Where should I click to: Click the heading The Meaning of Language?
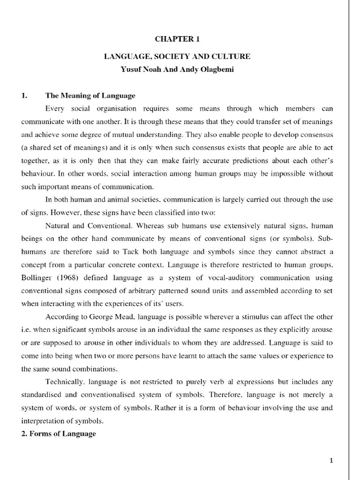(x=90, y=96)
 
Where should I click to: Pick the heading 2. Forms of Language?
(x=58, y=434)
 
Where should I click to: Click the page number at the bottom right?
(x=331, y=461)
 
